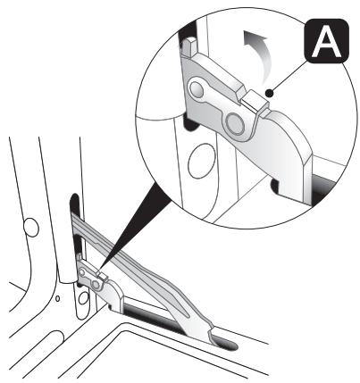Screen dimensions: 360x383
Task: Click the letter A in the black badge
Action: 326,43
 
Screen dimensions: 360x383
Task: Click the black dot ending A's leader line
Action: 269,94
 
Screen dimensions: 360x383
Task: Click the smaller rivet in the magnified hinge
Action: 196,88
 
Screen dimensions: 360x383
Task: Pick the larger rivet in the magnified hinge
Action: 235,123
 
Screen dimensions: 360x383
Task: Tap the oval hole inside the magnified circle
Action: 202,161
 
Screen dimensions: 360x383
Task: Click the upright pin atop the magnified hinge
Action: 188,46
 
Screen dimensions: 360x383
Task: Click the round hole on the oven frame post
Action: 31,228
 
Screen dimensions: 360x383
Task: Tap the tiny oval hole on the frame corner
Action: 57,298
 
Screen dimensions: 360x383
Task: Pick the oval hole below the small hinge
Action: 83,298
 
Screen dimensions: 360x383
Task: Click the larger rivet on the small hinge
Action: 96,285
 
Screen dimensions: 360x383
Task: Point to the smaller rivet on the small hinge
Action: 82,272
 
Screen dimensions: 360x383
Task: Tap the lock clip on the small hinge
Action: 103,277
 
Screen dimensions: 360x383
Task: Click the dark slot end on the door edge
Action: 225,344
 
